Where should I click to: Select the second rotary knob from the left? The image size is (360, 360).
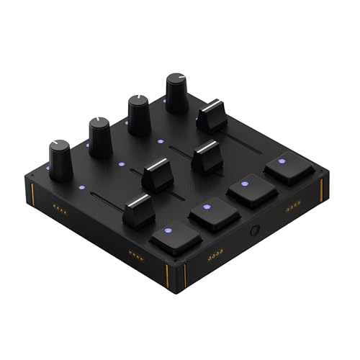coord(100,137)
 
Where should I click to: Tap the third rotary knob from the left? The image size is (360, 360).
coord(139,114)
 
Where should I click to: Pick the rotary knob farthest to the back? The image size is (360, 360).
coord(176,91)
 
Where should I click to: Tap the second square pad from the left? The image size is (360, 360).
coord(214,212)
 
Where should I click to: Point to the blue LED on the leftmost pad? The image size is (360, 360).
coord(168,231)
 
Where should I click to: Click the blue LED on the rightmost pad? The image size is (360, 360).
coord(281,161)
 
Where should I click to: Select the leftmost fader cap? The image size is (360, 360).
coord(139,210)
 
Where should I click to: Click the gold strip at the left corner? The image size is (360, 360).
coord(33,193)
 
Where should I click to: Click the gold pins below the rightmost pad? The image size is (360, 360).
coord(292,208)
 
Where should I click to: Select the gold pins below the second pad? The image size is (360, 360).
coord(213,257)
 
